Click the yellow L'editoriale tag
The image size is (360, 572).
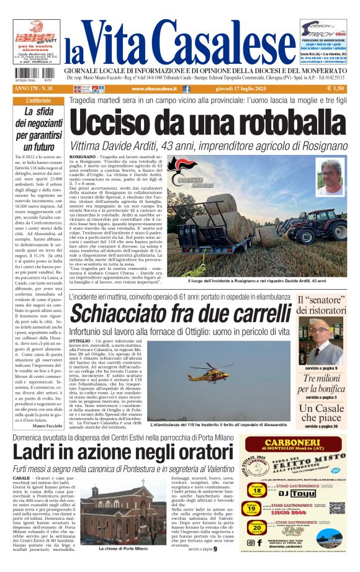39,100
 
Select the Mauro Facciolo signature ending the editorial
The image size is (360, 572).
47,426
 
